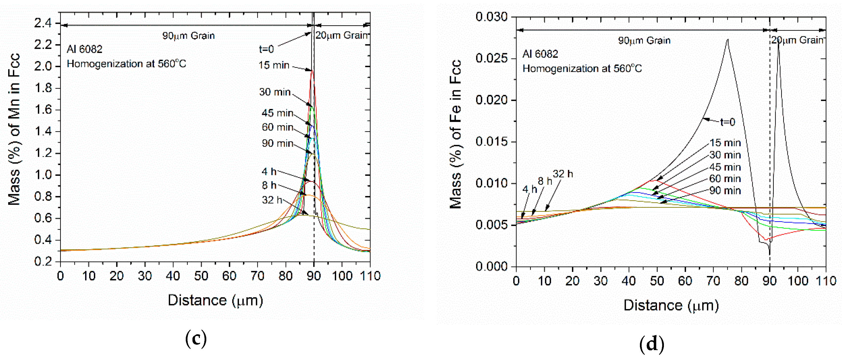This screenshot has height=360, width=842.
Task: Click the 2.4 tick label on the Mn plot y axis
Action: tap(43, 23)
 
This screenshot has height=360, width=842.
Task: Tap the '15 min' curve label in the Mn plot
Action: tap(274, 65)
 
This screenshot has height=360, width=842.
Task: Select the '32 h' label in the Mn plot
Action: tap(272, 200)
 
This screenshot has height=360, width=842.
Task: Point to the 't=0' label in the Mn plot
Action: tap(266, 49)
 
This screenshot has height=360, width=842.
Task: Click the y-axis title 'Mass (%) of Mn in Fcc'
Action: tap(14, 129)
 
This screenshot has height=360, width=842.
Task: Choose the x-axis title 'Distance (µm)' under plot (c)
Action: tap(215, 300)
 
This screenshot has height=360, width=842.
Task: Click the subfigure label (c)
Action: tap(196, 339)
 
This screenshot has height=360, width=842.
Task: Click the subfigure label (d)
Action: tap(652, 344)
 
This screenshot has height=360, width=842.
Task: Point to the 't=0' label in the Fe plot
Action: tap(728, 122)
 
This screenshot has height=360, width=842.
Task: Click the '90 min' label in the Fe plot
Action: tap(725, 191)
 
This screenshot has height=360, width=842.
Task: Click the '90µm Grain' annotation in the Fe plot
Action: tap(644, 41)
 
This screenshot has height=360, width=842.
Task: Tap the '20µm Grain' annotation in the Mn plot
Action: tap(342, 35)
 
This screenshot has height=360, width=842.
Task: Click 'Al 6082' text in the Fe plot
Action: tap(540, 54)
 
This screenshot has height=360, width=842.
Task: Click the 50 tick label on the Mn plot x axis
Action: tap(201, 276)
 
